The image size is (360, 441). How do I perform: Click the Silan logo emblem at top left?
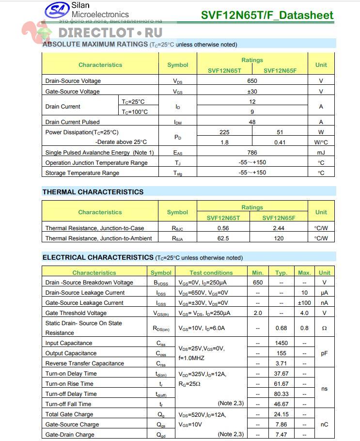[56, 10]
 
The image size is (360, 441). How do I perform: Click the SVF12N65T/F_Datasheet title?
[267, 16]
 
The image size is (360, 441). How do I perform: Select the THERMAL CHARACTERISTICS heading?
[93, 192]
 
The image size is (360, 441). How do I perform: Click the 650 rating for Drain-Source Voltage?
[252, 81]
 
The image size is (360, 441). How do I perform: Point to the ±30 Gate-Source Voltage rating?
[252, 92]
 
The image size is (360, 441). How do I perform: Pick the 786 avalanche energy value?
[252, 153]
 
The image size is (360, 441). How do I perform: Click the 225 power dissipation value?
[224, 132]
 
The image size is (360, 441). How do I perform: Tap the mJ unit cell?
[321, 153]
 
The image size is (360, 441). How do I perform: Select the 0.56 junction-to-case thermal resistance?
[223, 228]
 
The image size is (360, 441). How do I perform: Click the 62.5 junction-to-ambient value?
[223, 238]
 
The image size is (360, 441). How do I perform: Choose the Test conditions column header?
[211, 273]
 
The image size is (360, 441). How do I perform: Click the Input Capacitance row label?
[69, 343]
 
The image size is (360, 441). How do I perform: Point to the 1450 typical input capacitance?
[281, 343]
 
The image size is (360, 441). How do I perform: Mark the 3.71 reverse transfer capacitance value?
[281, 363]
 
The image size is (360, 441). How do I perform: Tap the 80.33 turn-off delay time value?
[281, 394]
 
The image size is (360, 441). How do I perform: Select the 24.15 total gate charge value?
[281, 414]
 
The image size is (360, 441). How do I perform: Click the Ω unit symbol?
[324, 328]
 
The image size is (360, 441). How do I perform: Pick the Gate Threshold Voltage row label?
[76, 313]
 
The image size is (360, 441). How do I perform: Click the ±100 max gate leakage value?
[304, 303]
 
